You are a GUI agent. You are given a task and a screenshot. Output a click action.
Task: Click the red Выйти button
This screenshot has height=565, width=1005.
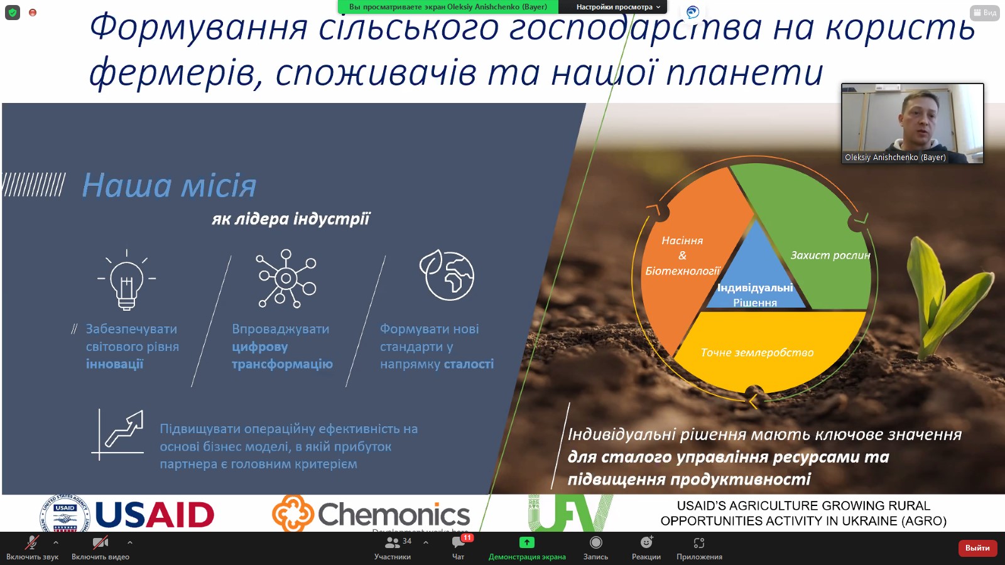pyautogui.click(x=977, y=548)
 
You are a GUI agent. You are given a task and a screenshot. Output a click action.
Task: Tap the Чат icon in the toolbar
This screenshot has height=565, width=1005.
pyautogui.click(x=459, y=543)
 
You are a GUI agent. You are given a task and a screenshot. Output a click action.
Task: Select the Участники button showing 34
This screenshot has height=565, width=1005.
pyautogui.click(x=393, y=543)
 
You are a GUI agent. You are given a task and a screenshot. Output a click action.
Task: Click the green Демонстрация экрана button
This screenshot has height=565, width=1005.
pyautogui.click(x=526, y=543)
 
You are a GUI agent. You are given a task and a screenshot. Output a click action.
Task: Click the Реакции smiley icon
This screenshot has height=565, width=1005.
pyautogui.click(x=646, y=543)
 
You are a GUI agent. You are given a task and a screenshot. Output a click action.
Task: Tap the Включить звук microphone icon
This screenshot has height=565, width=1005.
pyautogui.click(x=31, y=543)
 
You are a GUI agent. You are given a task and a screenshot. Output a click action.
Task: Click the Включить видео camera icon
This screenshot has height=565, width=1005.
pyautogui.click(x=100, y=543)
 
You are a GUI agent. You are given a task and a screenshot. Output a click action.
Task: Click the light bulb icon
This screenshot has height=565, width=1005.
pyautogui.click(x=126, y=280)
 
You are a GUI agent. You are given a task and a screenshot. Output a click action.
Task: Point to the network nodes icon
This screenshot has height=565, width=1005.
pyautogui.click(x=286, y=278)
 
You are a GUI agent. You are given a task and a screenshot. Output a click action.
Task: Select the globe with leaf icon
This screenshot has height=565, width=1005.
pyautogui.click(x=447, y=276)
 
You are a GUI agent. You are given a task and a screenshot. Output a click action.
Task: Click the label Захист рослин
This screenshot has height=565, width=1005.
pyautogui.click(x=830, y=256)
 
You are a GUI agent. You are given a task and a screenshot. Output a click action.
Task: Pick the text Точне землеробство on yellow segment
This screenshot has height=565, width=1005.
pyautogui.click(x=757, y=353)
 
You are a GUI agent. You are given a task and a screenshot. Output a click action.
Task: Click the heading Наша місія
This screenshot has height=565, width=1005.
pyautogui.click(x=169, y=186)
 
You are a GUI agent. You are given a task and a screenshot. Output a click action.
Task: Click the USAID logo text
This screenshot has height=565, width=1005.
pyautogui.click(x=155, y=515)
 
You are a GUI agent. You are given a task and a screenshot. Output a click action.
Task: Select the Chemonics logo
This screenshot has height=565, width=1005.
pyautogui.click(x=371, y=514)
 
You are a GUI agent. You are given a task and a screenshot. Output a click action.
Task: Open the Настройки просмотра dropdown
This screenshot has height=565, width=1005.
pyautogui.click(x=618, y=7)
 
